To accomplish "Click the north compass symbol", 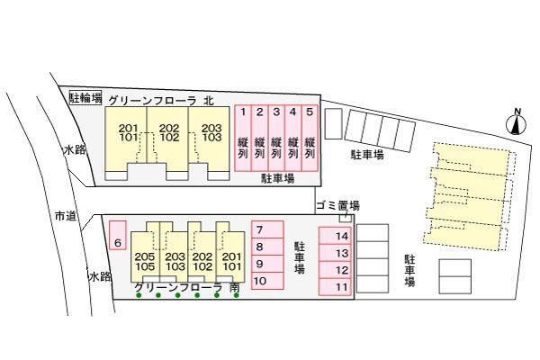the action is pyautogui.click(x=517, y=122).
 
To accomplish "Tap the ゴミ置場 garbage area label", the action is pyautogui.click(x=337, y=205).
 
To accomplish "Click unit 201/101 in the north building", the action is pyautogui.click(x=128, y=134).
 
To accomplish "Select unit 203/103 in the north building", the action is pyautogui.click(x=211, y=134).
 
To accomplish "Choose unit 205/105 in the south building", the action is pyautogui.click(x=145, y=261).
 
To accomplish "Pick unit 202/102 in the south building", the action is pyautogui.click(x=202, y=261).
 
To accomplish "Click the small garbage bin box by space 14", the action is pyautogui.click(x=343, y=218).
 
